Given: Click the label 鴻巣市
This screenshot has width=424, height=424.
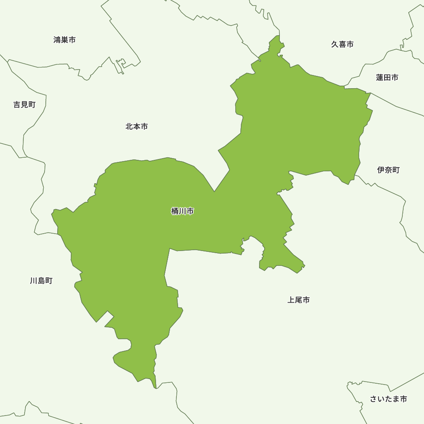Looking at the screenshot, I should (64, 40).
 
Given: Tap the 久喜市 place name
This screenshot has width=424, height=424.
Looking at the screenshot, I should (342, 44).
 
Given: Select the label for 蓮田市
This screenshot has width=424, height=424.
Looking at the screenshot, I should (387, 78).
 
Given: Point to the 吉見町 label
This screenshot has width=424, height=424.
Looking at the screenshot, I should (24, 105).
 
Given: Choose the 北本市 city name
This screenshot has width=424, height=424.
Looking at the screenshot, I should (137, 126).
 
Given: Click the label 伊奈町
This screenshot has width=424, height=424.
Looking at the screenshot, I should (388, 170).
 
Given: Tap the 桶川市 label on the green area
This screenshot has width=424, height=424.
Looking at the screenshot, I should (182, 211).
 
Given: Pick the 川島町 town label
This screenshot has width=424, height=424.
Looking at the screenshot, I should (41, 281).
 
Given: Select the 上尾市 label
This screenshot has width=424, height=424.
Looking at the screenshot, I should (298, 300).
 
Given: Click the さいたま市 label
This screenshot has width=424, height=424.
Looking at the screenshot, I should (388, 399).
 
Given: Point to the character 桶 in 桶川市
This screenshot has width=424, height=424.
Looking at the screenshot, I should (175, 211).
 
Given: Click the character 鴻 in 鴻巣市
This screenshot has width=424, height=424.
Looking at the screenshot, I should (57, 40).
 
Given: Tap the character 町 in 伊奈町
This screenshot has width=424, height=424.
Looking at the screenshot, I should (396, 170).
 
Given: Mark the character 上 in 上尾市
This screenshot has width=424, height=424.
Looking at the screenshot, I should (291, 300).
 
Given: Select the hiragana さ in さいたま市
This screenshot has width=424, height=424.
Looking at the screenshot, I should (374, 399).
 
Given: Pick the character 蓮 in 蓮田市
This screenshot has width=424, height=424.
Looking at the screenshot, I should (379, 78).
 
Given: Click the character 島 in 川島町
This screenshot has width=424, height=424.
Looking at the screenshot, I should (41, 281).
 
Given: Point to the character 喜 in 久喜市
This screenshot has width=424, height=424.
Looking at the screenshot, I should (342, 44).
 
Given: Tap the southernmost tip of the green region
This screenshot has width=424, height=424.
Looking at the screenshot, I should (156, 388).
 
